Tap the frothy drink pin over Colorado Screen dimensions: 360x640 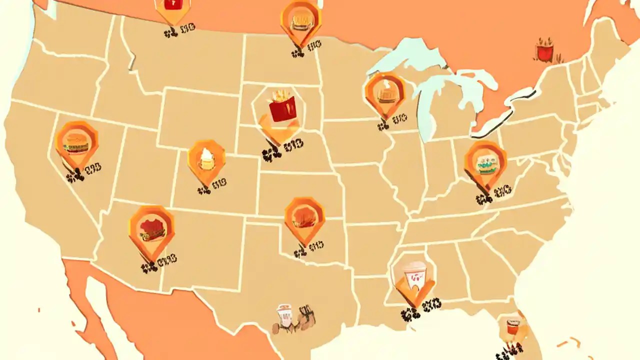point(206,159)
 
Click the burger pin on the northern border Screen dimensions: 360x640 point(300,20)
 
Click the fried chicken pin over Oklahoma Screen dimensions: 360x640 point(304,217)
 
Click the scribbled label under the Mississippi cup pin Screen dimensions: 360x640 point(420,308)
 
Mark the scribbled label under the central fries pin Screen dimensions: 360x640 point(282,150)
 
